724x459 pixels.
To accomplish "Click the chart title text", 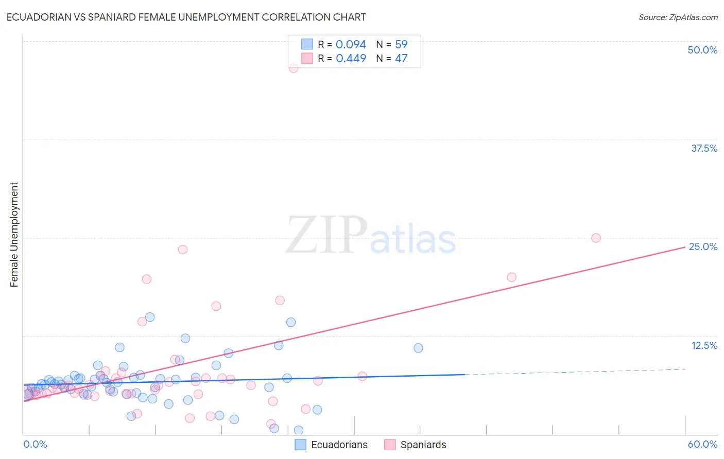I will coord(186,17).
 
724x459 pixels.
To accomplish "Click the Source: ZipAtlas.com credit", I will coord(678,17).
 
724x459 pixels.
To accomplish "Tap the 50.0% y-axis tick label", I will coord(702,50).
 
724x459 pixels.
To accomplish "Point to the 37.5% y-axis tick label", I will coord(704,148).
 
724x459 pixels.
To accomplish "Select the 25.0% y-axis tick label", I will coord(703,246).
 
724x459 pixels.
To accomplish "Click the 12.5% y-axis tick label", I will coord(704,345).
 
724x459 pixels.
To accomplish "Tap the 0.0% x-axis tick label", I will coord(35,444).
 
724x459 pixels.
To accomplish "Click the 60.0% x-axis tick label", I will coord(702,444).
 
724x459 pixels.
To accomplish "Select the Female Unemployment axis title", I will coord(14,234).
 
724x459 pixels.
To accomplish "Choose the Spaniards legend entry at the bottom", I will coord(416,445).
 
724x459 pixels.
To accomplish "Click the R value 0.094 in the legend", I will coord(351,45).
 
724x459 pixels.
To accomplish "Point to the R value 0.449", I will coord(351,59).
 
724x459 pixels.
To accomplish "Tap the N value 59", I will coord(401,45).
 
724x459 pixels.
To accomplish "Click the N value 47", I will coord(401,59).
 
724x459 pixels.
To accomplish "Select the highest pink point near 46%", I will coord(294,68).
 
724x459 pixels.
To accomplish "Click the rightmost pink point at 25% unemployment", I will coord(596,238).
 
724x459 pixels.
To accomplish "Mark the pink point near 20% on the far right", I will coord(511,277).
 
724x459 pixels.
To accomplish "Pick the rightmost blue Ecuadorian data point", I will coord(418,348).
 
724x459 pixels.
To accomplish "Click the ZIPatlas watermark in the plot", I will coord(371,236).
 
